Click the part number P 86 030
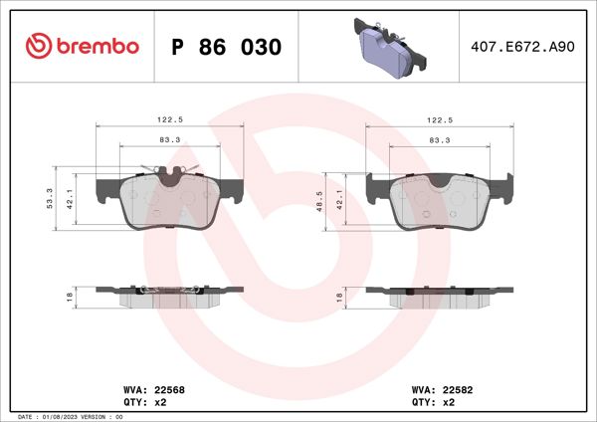pyautogui.click(x=227, y=47)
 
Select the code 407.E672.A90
pyautogui.click(x=516, y=47)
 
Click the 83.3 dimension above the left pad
pyautogui.click(x=169, y=139)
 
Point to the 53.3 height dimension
pyautogui.click(x=51, y=196)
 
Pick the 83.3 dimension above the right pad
pyautogui.click(x=437, y=139)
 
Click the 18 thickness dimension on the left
pyautogui.click(x=70, y=297)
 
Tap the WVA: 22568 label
pyautogui.click(x=143, y=390)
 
